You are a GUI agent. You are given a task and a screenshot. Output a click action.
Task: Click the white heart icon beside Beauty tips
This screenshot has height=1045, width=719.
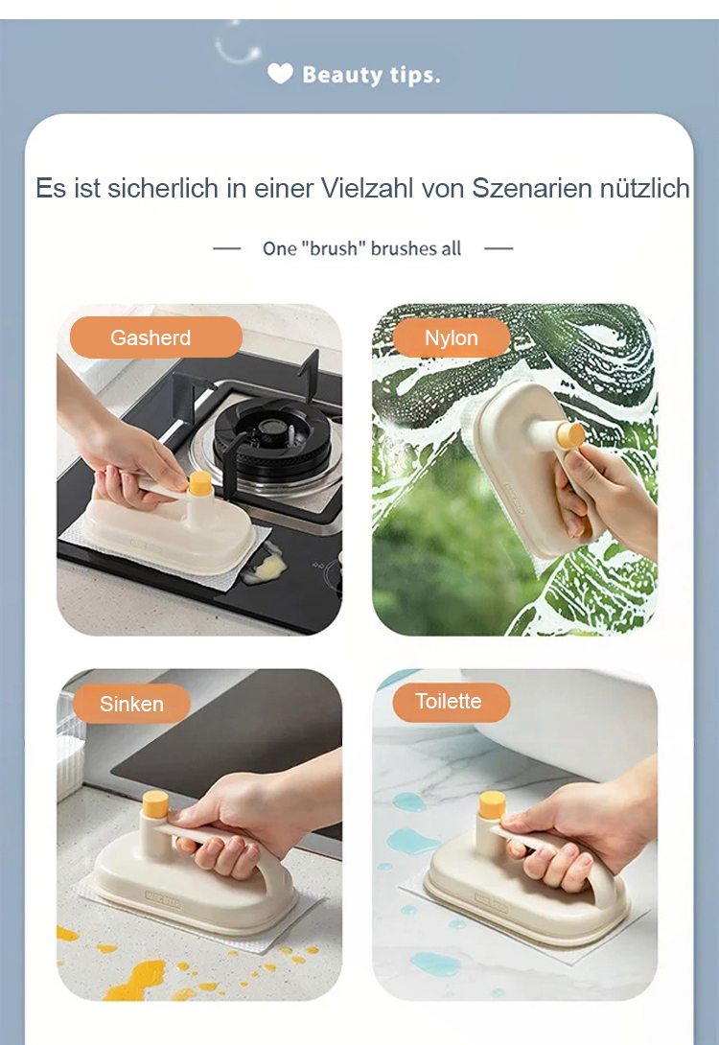click(280, 74)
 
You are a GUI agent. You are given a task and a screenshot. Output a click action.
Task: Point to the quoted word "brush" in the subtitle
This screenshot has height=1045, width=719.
click(334, 248)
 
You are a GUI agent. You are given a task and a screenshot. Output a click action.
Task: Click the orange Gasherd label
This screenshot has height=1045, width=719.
click(156, 337)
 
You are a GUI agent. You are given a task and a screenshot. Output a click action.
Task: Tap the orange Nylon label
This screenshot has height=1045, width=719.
click(452, 337)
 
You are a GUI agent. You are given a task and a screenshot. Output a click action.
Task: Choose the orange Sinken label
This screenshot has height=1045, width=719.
click(131, 704)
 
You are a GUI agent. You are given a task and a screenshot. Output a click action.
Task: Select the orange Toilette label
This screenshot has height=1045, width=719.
click(452, 702)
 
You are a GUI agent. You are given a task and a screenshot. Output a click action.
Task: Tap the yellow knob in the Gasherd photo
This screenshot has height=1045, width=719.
click(199, 483)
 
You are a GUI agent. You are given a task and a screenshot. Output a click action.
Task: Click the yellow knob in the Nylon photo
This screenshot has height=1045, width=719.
click(570, 435)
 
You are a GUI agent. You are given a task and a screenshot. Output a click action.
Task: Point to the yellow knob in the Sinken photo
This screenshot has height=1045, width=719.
click(154, 803)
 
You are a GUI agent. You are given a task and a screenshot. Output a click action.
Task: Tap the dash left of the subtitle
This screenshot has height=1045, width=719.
click(226, 248)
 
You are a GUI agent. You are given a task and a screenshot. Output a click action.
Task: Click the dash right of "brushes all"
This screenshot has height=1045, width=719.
click(499, 248)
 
